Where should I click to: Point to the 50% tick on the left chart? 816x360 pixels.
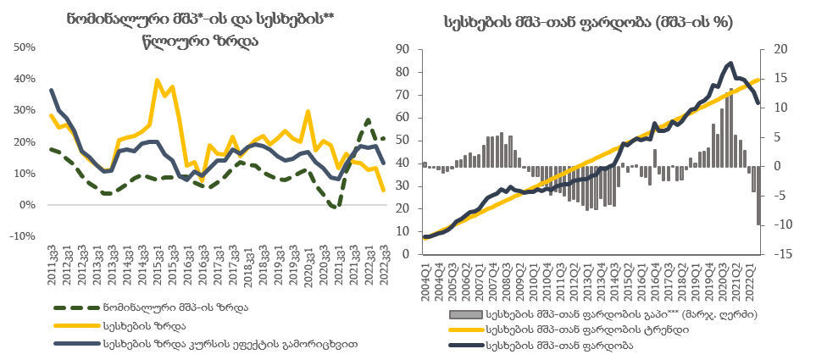(x=24, y=47)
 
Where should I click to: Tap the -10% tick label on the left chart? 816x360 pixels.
(x=22, y=236)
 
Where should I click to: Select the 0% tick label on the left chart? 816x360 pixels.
(x=28, y=205)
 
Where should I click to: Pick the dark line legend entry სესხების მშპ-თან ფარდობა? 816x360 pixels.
(x=563, y=346)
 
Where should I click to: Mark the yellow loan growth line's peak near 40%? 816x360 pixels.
(x=157, y=80)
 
